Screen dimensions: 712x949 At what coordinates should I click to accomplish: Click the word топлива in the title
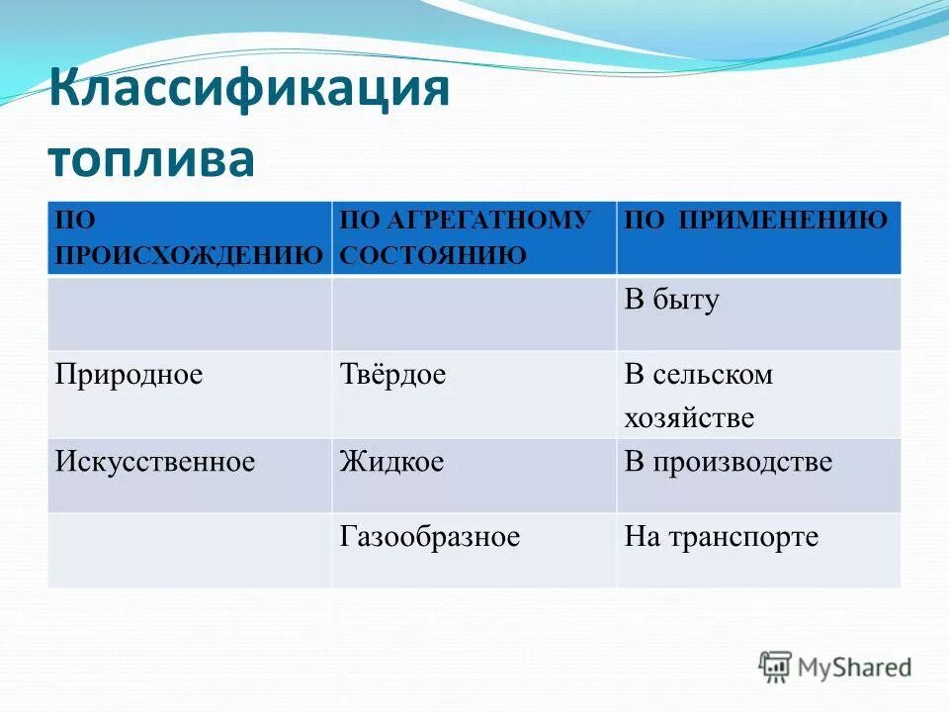pyautogui.click(x=150, y=159)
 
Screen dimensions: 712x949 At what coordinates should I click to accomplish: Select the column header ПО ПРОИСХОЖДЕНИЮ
pyautogui.click(x=188, y=237)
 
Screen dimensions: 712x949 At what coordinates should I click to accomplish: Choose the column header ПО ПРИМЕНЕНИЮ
pyautogui.click(x=756, y=221)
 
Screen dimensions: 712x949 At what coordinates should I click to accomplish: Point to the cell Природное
pyautogui.click(x=129, y=375)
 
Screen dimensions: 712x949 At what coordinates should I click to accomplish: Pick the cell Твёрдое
pyautogui.click(x=393, y=375)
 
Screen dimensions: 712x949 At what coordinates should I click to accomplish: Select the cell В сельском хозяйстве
pyautogui.click(x=698, y=396)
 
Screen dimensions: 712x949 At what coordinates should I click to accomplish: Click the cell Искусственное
pyautogui.click(x=155, y=462)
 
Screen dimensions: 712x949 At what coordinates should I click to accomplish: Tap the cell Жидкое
pyautogui.click(x=391, y=462)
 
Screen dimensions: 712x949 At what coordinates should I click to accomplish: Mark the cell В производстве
pyautogui.click(x=728, y=462)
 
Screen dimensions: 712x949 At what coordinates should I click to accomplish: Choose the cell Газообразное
pyautogui.click(x=430, y=537)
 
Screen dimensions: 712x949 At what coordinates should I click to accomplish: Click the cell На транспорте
pyautogui.click(x=722, y=537)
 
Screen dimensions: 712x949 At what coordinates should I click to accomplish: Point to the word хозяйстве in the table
pyautogui.click(x=689, y=417)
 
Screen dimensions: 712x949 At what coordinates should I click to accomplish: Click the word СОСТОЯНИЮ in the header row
pyautogui.click(x=432, y=255)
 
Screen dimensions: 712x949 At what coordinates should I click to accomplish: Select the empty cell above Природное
pyautogui.click(x=189, y=313)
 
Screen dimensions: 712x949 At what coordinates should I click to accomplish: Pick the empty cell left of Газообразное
pyautogui.click(x=189, y=550)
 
